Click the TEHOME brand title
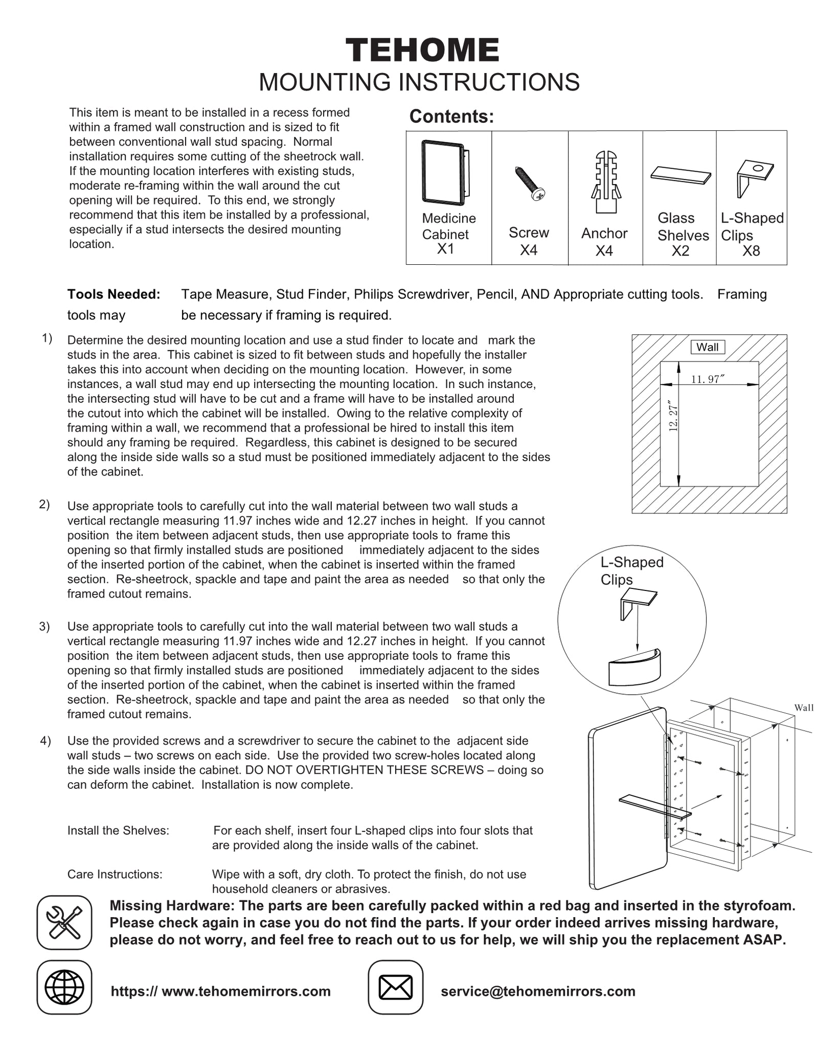(x=422, y=51)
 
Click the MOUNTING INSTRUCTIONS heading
(x=419, y=82)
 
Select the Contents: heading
(x=451, y=117)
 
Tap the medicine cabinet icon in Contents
(x=445, y=172)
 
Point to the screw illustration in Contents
(x=530, y=183)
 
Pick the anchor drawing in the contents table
(x=606, y=181)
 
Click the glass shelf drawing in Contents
(x=680, y=174)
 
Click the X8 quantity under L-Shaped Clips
(x=751, y=251)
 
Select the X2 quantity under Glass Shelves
(x=680, y=251)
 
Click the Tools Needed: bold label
(x=113, y=294)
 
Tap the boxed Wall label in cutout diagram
(x=707, y=347)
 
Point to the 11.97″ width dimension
(x=708, y=379)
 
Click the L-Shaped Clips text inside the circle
(x=631, y=571)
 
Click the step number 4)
(x=46, y=741)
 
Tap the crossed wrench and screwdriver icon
(x=64, y=923)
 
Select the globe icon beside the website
(x=64, y=987)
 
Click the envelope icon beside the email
(x=395, y=987)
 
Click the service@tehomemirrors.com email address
(x=538, y=991)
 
